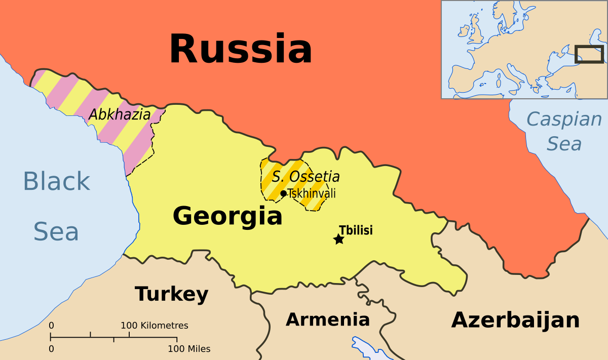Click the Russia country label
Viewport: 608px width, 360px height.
click(x=241, y=49)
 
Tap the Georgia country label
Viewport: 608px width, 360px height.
click(x=227, y=216)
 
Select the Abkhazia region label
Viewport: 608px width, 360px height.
click(x=120, y=115)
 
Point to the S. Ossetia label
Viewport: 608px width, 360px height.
click(x=306, y=177)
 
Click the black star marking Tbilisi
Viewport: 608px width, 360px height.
click(x=338, y=239)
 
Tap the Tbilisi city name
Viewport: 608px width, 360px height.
click(x=356, y=230)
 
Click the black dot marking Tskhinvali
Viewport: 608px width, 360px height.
click(x=283, y=193)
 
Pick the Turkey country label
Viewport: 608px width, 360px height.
click(x=171, y=294)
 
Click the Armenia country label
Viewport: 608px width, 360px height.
click(x=328, y=319)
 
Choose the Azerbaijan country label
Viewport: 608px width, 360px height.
click(x=515, y=320)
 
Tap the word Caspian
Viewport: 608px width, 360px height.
click(x=564, y=120)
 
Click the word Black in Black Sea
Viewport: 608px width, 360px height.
click(x=57, y=181)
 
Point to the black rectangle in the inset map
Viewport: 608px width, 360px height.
click(x=589, y=54)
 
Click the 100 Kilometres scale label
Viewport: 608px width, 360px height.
click(x=154, y=326)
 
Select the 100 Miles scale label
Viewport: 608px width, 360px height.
click(x=189, y=349)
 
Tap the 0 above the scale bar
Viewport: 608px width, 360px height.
click(x=51, y=326)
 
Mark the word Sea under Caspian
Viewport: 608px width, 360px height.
click(x=564, y=144)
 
